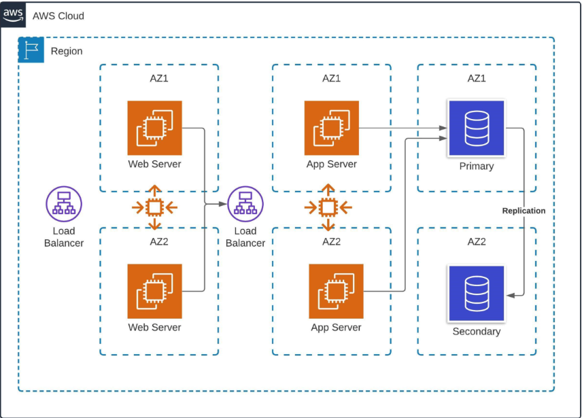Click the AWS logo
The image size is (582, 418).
coord(13,15)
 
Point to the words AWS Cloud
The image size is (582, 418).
coord(58,16)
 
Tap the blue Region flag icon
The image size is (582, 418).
coord(31,50)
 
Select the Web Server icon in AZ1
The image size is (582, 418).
coord(154,128)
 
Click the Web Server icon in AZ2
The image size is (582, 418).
coord(154,291)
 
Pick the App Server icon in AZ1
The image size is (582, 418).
coord(332,128)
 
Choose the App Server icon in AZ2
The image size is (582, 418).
coord(336,291)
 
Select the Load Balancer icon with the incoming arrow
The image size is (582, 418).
coord(245,204)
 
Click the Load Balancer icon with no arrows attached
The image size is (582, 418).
coord(64,204)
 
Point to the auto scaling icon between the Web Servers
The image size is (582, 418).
coord(154,207)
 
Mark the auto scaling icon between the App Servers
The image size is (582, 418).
coord(328,207)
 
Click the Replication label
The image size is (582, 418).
coord(524,211)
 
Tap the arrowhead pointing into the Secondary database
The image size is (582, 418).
coord(510,294)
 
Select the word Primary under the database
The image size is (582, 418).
coord(476,166)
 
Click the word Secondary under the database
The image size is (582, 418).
coord(476,332)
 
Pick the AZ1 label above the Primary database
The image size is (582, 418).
coord(477,78)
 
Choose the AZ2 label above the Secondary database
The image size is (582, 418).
coord(477,241)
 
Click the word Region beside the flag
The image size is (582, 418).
coord(67,51)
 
